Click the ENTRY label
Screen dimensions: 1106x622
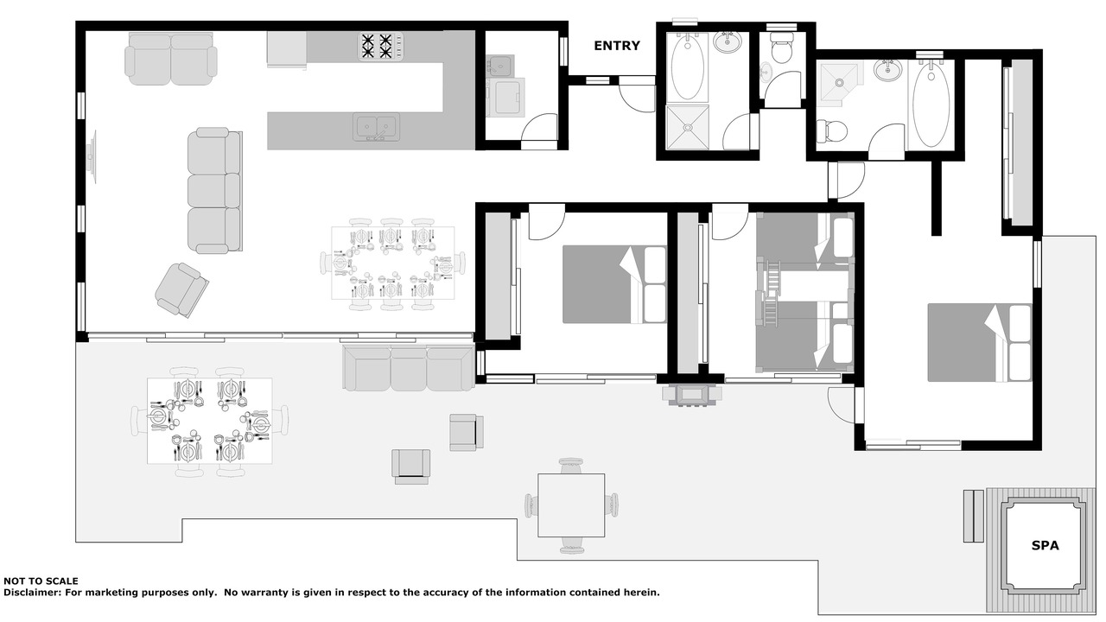(x=617, y=46)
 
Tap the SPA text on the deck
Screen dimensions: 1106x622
(x=1046, y=545)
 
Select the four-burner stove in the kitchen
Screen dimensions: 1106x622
(x=380, y=47)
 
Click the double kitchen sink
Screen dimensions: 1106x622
(x=376, y=127)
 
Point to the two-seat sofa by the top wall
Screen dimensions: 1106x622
(x=171, y=59)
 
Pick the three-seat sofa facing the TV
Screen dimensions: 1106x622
(x=215, y=190)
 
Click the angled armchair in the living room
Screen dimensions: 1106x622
(x=181, y=290)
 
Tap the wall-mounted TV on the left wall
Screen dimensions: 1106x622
(x=92, y=157)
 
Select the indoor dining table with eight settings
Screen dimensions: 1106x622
(x=393, y=263)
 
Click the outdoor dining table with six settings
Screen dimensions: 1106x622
(x=209, y=421)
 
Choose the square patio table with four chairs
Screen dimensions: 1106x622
(x=571, y=505)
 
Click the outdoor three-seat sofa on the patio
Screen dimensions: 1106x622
(x=409, y=368)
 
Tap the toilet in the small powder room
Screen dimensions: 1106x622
(x=781, y=48)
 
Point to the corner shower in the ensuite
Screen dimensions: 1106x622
(x=840, y=85)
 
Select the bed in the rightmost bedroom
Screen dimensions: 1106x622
(x=980, y=343)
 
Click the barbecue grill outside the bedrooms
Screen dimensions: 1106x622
(x=692, y=396)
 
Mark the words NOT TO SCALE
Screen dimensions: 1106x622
(x=41, y=581)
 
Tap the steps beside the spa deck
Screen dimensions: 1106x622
(x=973, y=517)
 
